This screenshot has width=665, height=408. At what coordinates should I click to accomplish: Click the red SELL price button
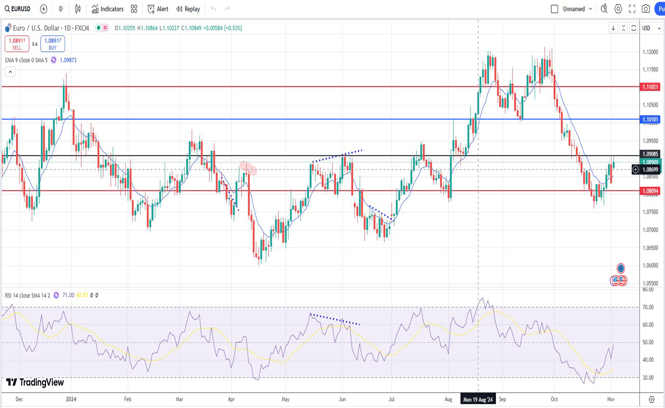(17, 44)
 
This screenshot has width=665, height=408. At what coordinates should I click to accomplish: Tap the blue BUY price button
(53, 44)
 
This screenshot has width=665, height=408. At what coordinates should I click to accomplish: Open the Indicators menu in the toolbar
(107, 9)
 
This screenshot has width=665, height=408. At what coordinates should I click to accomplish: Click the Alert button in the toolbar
(158, 9)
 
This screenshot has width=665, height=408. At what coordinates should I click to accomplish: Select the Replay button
(188, 9)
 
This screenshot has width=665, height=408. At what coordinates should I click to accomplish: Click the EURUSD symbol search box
(18, 9)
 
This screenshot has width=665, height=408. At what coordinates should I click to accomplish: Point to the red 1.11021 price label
(650, 87)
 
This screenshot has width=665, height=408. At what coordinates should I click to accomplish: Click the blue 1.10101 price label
(650, 120)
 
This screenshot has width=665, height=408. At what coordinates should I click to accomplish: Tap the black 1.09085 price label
(650, 154)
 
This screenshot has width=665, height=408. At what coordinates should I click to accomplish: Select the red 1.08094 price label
(650, 191)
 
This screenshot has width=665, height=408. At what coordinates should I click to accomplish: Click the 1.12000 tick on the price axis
(650, 52)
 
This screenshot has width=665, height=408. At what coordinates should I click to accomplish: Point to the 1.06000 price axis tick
(650, 265)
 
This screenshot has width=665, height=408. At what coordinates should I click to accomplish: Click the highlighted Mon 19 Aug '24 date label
(478, 399)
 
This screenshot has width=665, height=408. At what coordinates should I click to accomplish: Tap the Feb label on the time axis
(127, 399)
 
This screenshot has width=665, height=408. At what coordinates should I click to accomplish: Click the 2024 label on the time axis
(71, 399)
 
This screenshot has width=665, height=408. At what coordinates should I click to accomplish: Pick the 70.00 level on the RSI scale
(648, 307)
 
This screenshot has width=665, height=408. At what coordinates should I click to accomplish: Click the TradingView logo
(35, 382)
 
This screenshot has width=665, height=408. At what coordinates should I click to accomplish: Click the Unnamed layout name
(573, 9)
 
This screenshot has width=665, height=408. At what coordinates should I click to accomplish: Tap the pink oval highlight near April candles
(248, 168)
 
